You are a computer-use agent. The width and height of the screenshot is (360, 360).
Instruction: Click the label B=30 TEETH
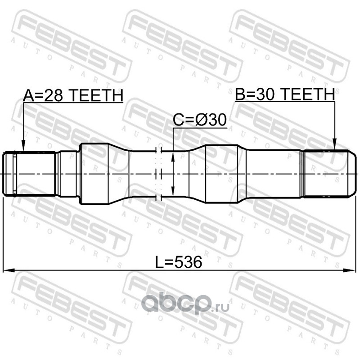pos(285,94)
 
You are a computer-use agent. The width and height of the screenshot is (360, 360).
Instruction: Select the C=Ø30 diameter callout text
pos(200,119)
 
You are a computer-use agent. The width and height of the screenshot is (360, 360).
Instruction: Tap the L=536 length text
pos(179,262)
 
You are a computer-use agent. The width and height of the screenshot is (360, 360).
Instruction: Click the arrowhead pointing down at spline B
pos(334,144)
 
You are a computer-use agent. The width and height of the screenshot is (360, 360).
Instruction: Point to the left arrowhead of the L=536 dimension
pos(9,270)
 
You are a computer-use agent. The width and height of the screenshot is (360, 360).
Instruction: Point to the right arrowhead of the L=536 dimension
pos(349,270)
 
